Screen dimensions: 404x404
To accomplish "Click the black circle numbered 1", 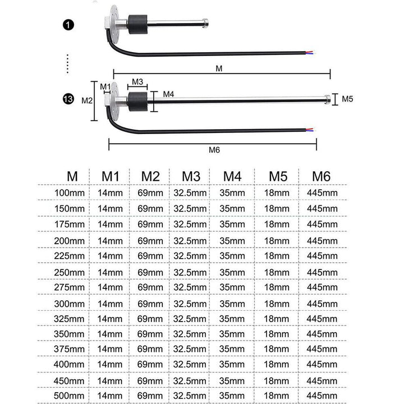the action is [x=68, y=25].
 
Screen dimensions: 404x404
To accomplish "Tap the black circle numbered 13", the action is [x=68, y=99].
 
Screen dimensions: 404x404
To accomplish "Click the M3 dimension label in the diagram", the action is [x=137, y=82].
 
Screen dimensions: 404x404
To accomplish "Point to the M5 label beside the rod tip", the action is [x=347, y=99].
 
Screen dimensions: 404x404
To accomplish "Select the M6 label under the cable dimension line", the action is [x=214, y=150].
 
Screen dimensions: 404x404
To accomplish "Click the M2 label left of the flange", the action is [x=87, y=100].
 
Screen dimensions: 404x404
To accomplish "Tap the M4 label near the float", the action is [x=168, y=94].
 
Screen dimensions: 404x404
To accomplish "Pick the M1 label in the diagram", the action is [x=105, y=86].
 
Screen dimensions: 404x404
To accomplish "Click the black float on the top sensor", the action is [x=137, y=25].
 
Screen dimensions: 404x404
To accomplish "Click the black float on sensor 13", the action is [x=137, y=102].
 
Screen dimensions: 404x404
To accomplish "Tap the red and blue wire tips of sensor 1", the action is [x=310, y=53].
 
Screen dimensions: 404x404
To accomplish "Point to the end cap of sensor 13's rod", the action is [x=328, y=100].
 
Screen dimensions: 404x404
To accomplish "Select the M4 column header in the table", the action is [x=232, y=177].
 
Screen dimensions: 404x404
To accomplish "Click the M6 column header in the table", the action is [x=321, y=177].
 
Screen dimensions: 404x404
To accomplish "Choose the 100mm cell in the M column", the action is [x=70, y=192].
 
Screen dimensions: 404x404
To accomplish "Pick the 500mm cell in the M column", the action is [x=69, y=396].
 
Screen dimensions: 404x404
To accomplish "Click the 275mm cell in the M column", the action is [x=69, y=287].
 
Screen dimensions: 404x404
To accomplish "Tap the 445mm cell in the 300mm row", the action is [x=322, y=304].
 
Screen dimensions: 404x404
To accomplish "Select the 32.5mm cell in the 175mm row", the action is [x=190, y=224].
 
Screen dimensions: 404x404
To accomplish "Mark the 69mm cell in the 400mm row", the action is [x=150, y=364].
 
